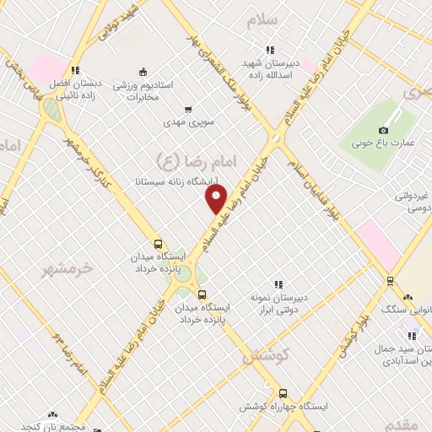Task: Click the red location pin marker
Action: (217, 198)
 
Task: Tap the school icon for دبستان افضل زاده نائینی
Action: (75, 71)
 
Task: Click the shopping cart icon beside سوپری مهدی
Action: (188, 109)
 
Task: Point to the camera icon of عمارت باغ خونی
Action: (384, 130)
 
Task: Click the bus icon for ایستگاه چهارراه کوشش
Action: (282, 393)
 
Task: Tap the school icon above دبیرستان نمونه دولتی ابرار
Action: (278, 284)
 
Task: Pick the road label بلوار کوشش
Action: (355, 332)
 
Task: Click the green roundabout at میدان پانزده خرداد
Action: (185, 283)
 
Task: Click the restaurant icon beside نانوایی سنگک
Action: (408, 297)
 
